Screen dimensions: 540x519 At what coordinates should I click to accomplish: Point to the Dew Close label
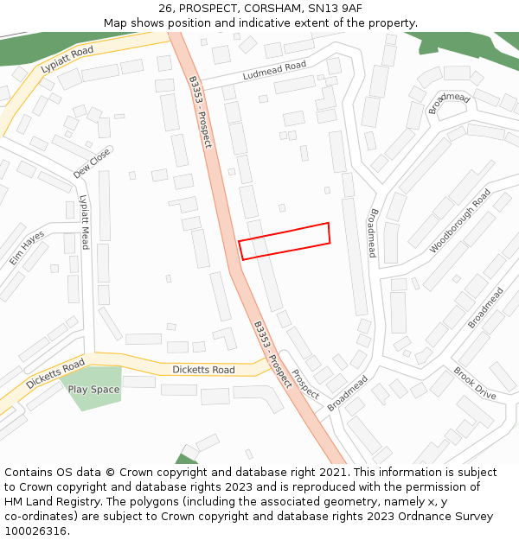[92, 162]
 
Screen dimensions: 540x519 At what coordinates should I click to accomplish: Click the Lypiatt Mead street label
[85, 222]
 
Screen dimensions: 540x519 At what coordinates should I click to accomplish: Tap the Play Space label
[94, 390]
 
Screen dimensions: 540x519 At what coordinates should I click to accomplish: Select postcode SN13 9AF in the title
[333, 9]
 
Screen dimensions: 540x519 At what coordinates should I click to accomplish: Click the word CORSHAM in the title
[271, 9]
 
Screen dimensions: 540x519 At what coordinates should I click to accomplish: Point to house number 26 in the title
[165, 9]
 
